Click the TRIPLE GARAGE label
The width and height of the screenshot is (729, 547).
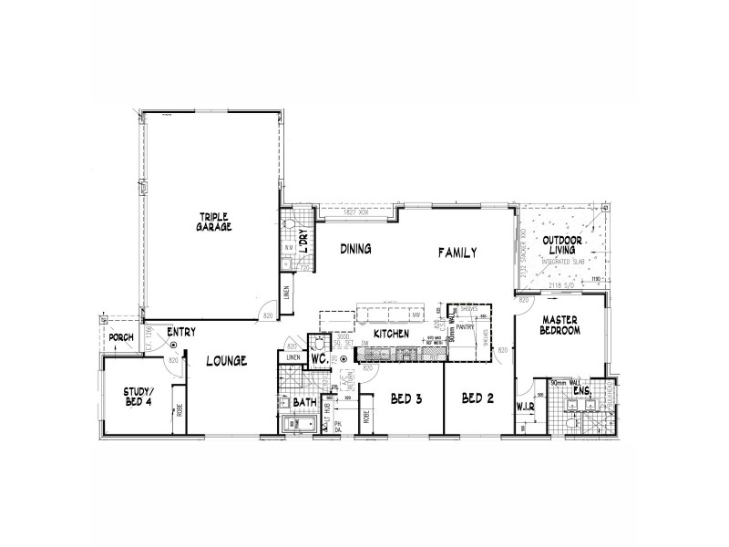pos(215,222)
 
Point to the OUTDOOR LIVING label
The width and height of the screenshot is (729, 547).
pos(562,246)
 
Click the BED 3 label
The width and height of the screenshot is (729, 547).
pos(406,398)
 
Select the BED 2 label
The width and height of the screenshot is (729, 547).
pos(477,398)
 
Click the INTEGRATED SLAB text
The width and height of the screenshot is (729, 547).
pos(561,262)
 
